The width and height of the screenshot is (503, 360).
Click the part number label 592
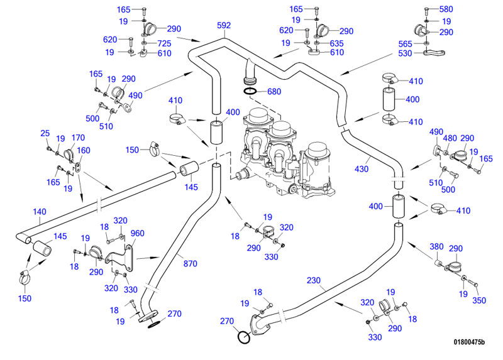click(223, 26)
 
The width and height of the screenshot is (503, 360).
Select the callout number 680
click(274, 91)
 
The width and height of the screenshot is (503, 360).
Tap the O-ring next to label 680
click(250, 92)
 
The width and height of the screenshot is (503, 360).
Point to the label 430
click(362, 169)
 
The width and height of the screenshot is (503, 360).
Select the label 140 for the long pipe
click(40, 212)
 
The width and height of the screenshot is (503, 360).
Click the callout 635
click(337, 43)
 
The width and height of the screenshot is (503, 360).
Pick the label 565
click(406, 43)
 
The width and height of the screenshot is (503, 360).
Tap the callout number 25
click(45, 133)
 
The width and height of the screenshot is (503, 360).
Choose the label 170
click(78, 138)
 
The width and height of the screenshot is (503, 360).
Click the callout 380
click(436, 246)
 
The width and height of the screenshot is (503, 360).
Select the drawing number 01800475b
click(470, 342)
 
